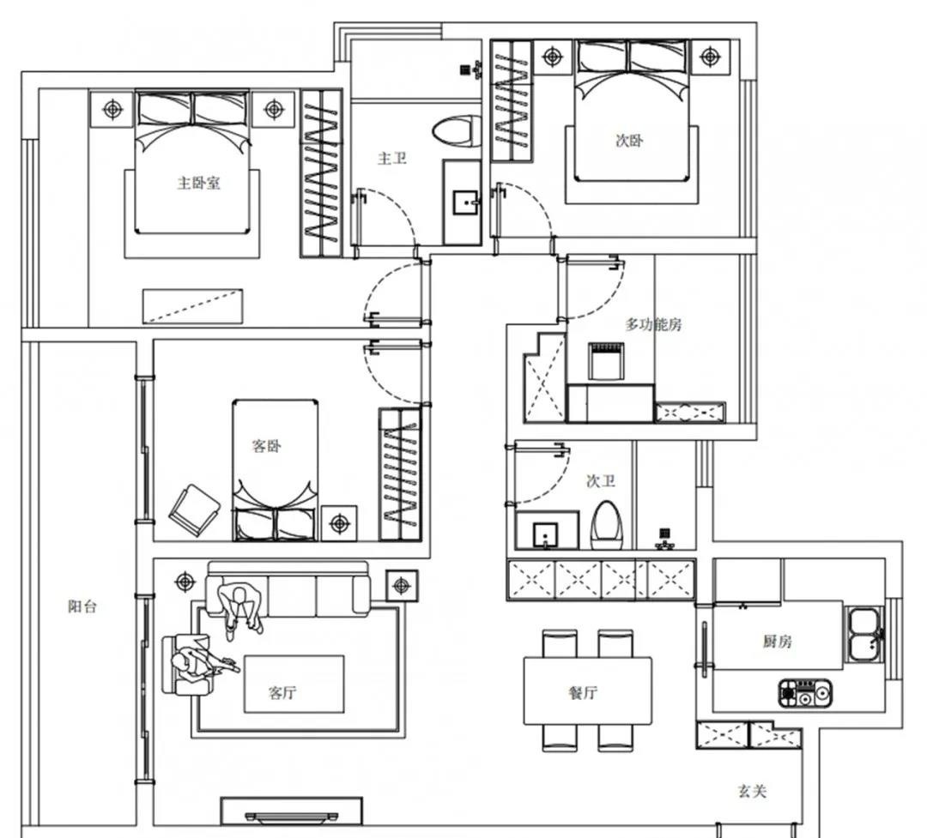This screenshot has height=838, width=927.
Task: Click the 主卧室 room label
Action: click(x=198, y=183)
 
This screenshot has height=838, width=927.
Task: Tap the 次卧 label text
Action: click(x=629, y=141)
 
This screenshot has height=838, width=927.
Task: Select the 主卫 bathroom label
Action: click(x=391, y=158)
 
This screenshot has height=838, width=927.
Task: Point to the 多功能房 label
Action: click(x=653, y=324)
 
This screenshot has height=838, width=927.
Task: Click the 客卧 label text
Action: click(x=266, y=446)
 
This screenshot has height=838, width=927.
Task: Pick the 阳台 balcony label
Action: click(x=82, y=606)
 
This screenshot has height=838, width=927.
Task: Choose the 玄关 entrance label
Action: click(x=752, y=791)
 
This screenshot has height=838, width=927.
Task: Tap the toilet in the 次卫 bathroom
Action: click(x=609, y=523)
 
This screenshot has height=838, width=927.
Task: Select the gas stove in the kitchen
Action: click(x=805, y=692)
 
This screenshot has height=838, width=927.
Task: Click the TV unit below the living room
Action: click(x=292, y=811)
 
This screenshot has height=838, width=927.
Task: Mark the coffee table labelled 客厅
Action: click(x=294, y=684)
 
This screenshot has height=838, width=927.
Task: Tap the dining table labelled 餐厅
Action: click(x=587, y=691)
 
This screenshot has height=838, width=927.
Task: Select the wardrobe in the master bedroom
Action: click(x=320, y=172)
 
